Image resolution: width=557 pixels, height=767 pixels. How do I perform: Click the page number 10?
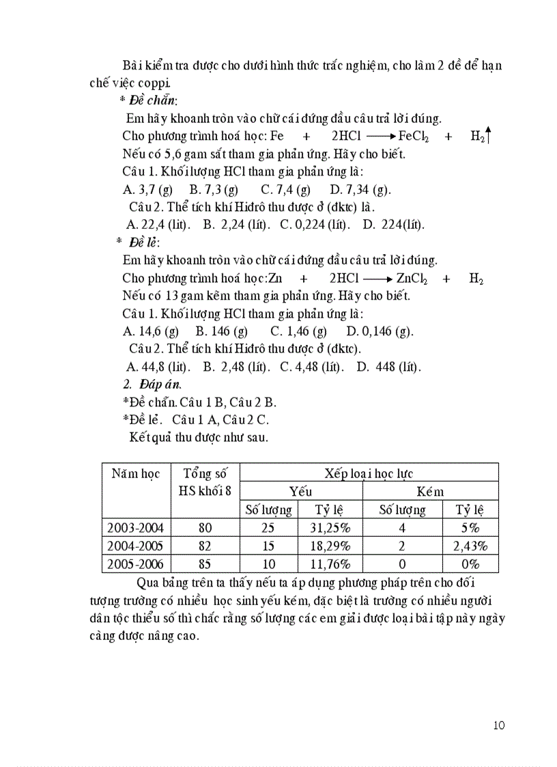point(498,725)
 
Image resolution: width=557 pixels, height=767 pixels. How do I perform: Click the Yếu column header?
point(301,492)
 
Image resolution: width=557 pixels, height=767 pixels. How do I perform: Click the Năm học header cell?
point(136,474)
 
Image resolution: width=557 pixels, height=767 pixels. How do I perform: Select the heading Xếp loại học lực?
point(369,473)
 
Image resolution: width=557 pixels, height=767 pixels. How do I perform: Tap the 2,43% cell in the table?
point(470,546)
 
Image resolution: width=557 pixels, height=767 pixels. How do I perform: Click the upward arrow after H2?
point(489,136)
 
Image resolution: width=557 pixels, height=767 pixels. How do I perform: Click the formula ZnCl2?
point(412,279)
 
